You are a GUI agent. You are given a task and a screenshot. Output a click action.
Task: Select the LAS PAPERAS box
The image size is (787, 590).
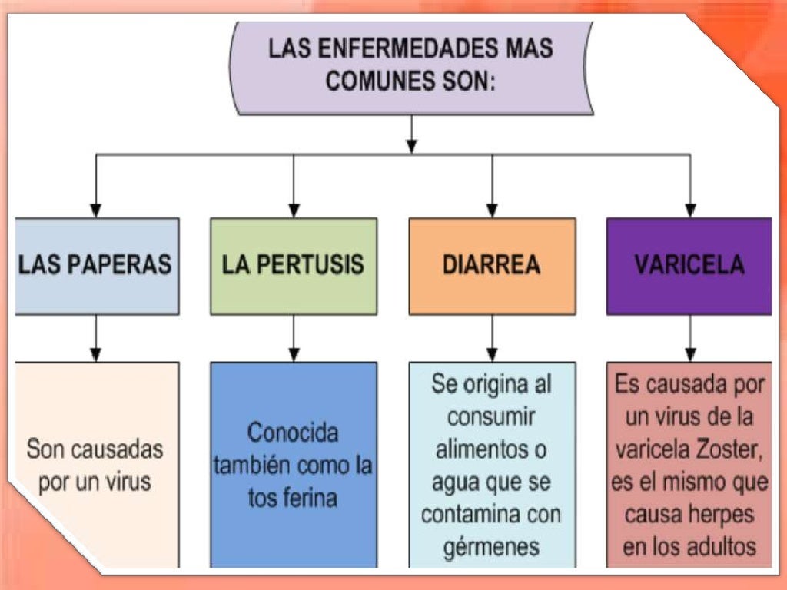click(95, 265)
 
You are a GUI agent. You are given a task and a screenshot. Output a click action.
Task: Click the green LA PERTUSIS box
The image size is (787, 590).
click(294, 265)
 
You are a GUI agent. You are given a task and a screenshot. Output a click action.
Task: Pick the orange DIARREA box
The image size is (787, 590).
click(492, 265)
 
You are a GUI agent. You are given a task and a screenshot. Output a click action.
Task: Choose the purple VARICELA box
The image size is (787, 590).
click(689, 265)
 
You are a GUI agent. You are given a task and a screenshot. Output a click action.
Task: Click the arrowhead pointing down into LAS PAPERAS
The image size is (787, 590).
click(95, 208)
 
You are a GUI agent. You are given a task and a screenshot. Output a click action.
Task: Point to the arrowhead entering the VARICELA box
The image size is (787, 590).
click(690, 208)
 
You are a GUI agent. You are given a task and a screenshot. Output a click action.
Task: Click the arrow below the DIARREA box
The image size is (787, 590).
click(492, 353)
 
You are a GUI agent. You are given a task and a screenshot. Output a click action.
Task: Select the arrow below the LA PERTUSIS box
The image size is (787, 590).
click(294, 353)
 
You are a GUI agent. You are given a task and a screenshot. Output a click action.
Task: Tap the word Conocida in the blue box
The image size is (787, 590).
click(293, 433)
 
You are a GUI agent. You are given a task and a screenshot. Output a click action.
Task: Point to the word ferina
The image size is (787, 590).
click(314, 498)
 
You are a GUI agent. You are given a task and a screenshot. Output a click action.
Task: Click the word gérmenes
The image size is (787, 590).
click(492, 548)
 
